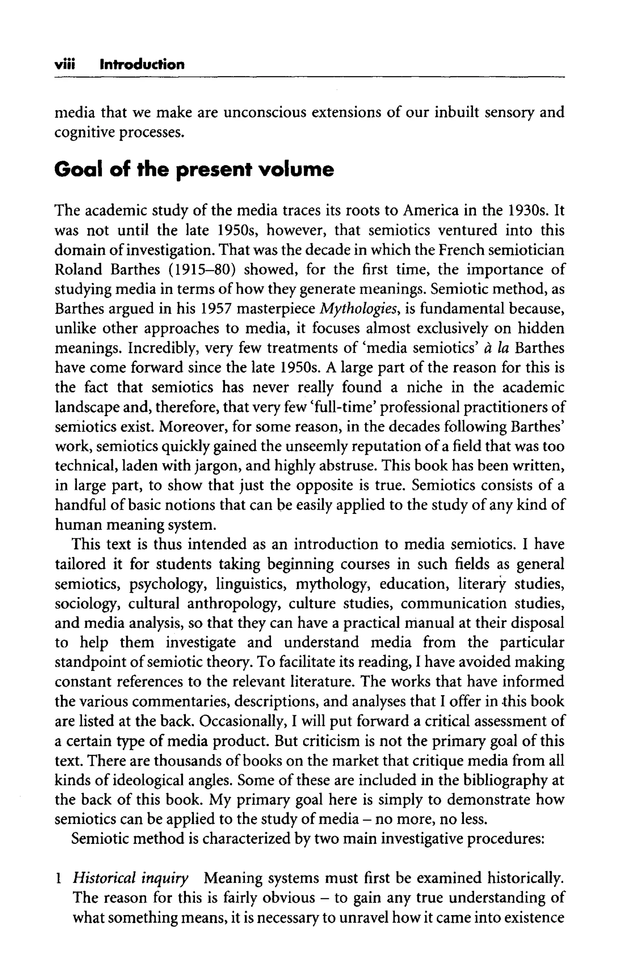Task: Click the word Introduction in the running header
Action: tap(142, 65)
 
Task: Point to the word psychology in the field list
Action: tap(169, 584)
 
